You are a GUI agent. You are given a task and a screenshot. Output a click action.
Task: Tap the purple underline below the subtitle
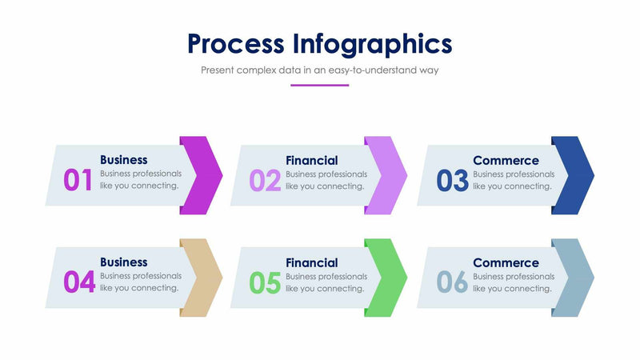(319, 85)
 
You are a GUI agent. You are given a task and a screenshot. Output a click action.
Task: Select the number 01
(78, 180)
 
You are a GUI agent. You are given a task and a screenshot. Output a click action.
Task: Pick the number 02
(265, 180)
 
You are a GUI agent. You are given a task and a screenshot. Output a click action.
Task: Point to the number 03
(452, 180)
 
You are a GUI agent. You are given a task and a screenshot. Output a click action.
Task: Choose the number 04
(79, 282)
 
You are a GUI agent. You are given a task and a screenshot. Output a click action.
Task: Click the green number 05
(265, 282)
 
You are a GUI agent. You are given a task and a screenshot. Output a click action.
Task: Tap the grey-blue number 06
(452, 282)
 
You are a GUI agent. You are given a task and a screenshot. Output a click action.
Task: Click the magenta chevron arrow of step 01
(205, 174)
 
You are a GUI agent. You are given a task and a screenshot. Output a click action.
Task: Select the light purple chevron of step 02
(390, 174)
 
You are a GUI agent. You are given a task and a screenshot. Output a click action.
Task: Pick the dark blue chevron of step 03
(577, 174)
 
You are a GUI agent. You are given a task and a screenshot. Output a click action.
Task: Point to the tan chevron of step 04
(205, 277)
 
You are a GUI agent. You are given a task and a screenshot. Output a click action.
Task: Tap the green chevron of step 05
(390, 277)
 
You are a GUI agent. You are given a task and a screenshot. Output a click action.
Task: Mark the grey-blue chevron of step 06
(577, 277)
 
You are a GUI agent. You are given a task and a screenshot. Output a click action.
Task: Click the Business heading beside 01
(124, 160)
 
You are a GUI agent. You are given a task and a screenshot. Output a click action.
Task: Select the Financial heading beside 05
(312, 262)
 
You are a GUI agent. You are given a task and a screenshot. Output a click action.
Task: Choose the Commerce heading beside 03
(506, 160)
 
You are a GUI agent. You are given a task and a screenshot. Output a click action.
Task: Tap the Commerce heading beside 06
(506, 262)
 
